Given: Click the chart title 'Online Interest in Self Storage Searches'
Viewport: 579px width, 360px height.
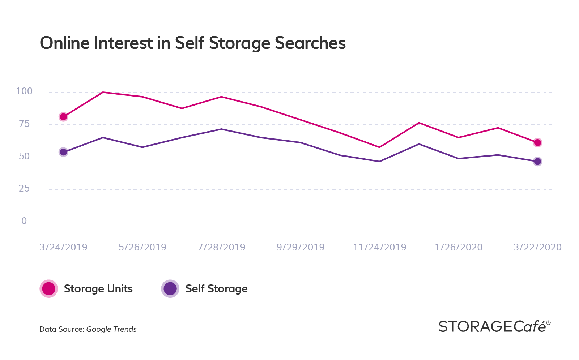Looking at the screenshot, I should coord(192,43).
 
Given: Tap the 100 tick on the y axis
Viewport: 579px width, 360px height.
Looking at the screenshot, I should coord(24,91).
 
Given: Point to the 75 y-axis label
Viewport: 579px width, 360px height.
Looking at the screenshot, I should coord(24,124).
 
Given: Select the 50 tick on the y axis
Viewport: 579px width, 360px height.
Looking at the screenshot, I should coord(24,157).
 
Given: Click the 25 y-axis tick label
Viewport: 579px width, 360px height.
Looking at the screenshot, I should coord(24,188).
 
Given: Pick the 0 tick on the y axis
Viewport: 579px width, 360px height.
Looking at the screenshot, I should coord(24,221).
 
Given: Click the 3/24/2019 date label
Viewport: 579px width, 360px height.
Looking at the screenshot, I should coord(63,247).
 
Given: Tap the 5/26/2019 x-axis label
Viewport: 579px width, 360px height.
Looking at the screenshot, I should coord(142,247).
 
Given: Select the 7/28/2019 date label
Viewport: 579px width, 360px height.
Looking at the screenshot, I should coord(221,247).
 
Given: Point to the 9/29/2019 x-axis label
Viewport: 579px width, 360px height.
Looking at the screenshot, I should coord(301,247).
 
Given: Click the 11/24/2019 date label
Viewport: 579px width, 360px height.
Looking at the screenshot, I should coord(379,247).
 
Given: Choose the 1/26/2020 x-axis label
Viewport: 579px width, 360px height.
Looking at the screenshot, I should coord(459,247).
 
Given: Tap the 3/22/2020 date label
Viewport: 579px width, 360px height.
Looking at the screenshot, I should coord(538,247).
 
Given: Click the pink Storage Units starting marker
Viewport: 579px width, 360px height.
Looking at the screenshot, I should coord(63,117).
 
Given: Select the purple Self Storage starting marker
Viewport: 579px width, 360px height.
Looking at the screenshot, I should coord(63,152).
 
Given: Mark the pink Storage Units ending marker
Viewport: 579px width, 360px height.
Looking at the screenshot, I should coord(537,142).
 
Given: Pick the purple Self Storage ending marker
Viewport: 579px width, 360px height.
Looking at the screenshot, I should coord(537,162).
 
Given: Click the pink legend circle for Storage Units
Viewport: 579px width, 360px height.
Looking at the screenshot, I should coord(48,289).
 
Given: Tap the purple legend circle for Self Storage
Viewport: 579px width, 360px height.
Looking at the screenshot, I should coord(170,289).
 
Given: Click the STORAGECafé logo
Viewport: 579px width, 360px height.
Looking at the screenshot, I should coord(494,326).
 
